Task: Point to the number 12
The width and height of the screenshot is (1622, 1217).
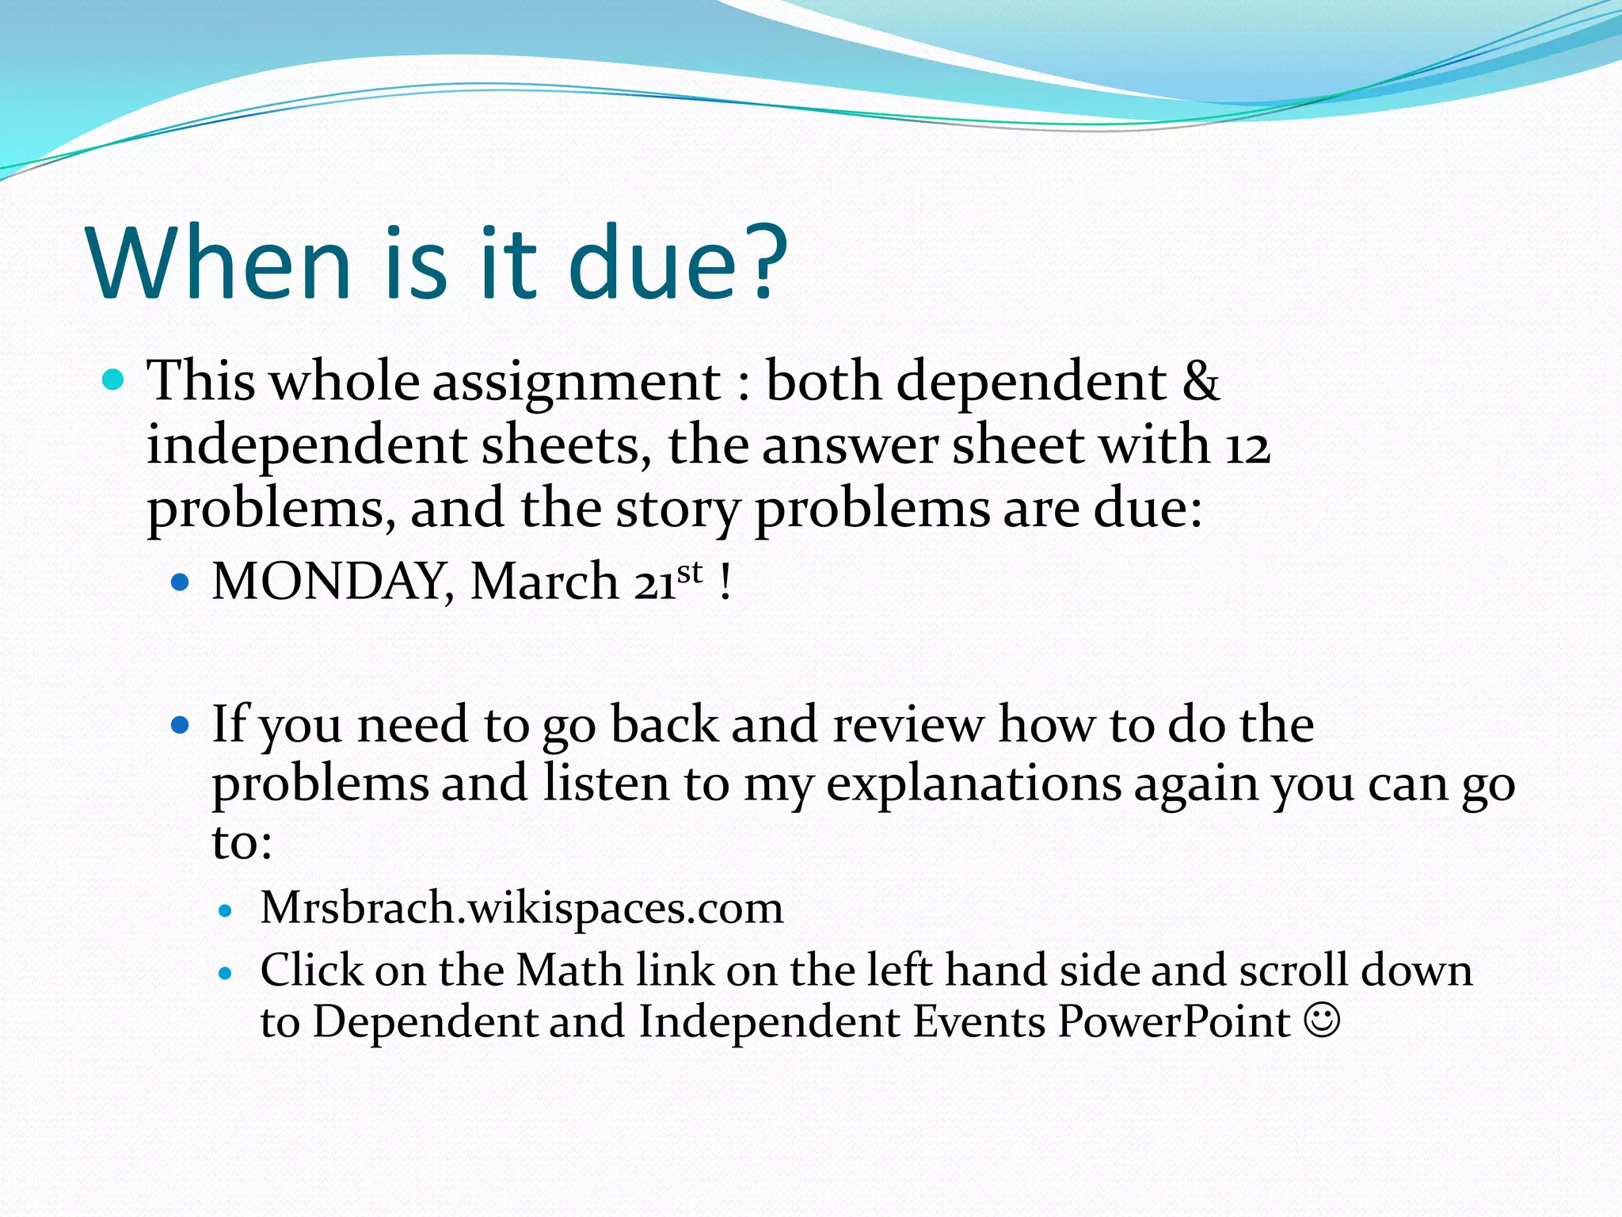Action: click(x=1247, y=445)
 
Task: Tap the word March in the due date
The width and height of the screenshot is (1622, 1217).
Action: click(x=544, y=582)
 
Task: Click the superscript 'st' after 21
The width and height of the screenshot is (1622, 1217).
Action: click(x=690, y=572)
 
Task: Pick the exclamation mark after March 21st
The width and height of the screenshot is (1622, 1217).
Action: click(x=725, y=582)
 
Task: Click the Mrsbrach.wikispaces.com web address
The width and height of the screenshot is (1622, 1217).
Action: click(x=522, y=908)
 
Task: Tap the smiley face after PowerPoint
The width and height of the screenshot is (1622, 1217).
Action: click(x=1322, y=1021)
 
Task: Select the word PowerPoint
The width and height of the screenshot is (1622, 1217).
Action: click(x=1174, y=1022)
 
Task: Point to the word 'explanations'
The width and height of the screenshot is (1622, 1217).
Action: click(x=973, y=784)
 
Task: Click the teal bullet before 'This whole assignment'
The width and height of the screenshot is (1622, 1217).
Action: click(x=114, y=380)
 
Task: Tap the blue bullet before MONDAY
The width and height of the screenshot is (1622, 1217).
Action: click(x=181, y=583)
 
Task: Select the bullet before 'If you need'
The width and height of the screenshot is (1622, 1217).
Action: click(x=181, y=724)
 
